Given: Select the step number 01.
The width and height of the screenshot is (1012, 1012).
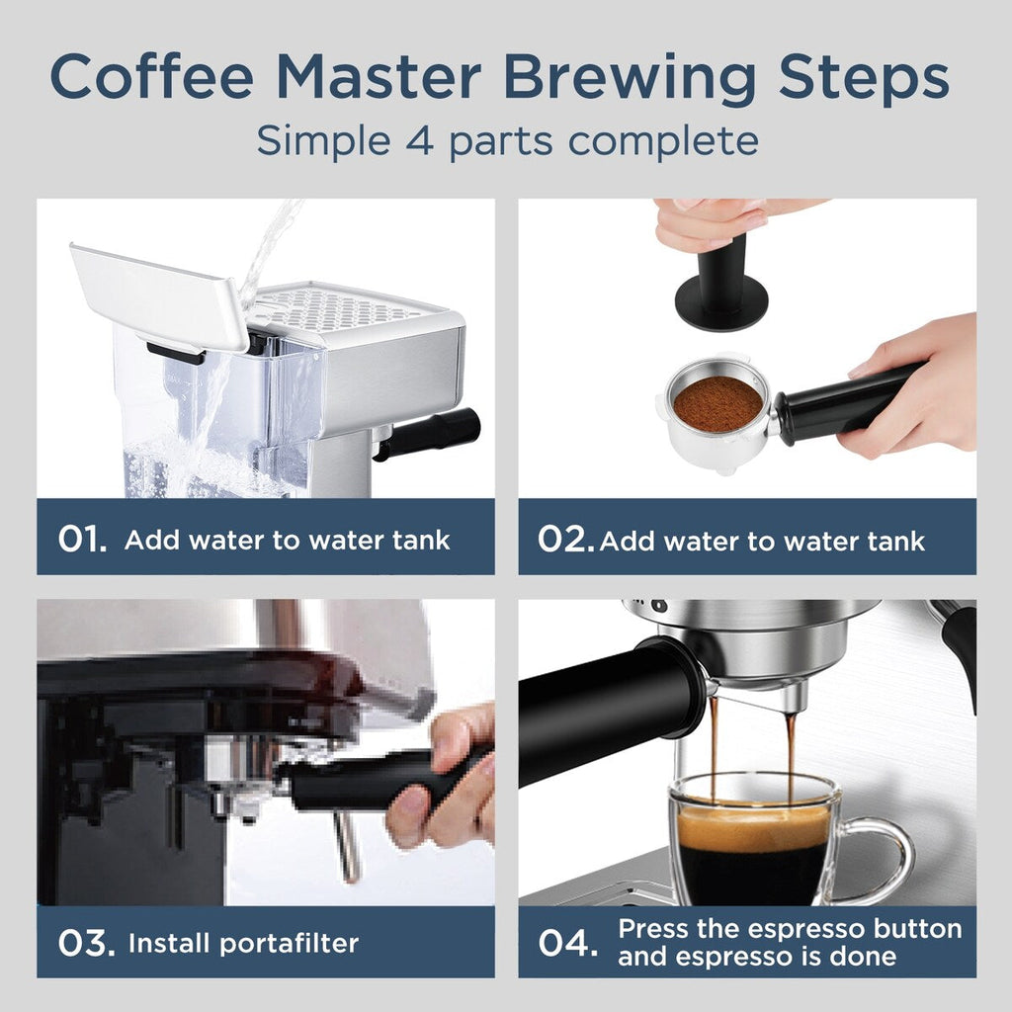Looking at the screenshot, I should coord(81,540).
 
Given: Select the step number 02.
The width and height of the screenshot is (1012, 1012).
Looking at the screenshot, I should coord(565,540).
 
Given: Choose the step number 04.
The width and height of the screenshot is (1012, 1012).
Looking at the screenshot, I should coord(568,943).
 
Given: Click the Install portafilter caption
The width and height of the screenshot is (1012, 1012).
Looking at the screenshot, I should coord(243,943).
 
